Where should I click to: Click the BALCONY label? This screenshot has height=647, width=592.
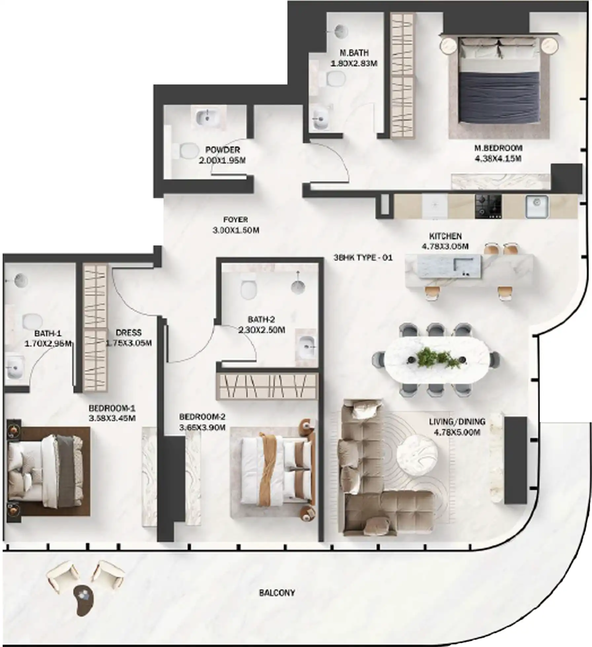(277, 593)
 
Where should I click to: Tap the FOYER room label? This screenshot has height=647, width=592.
(235, 219)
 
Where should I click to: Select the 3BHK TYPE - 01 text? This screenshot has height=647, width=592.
(363, 257)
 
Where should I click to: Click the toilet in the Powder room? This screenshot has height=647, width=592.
(187, 151)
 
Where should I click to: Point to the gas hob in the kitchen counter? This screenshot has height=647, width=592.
(488, 206)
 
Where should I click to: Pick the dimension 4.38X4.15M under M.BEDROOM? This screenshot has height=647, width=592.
(498, 159)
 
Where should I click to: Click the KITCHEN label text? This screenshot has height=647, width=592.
(445, 236)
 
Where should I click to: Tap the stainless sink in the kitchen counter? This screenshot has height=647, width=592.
(537, 207)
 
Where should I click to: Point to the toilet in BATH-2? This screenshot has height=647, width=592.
(248, 289)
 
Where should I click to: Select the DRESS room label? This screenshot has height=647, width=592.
(129, 333)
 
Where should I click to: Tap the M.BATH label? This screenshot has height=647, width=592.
(354, 53)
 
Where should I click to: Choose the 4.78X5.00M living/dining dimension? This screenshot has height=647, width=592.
(457, 432)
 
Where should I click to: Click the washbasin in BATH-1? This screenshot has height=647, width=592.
(14, 367)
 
